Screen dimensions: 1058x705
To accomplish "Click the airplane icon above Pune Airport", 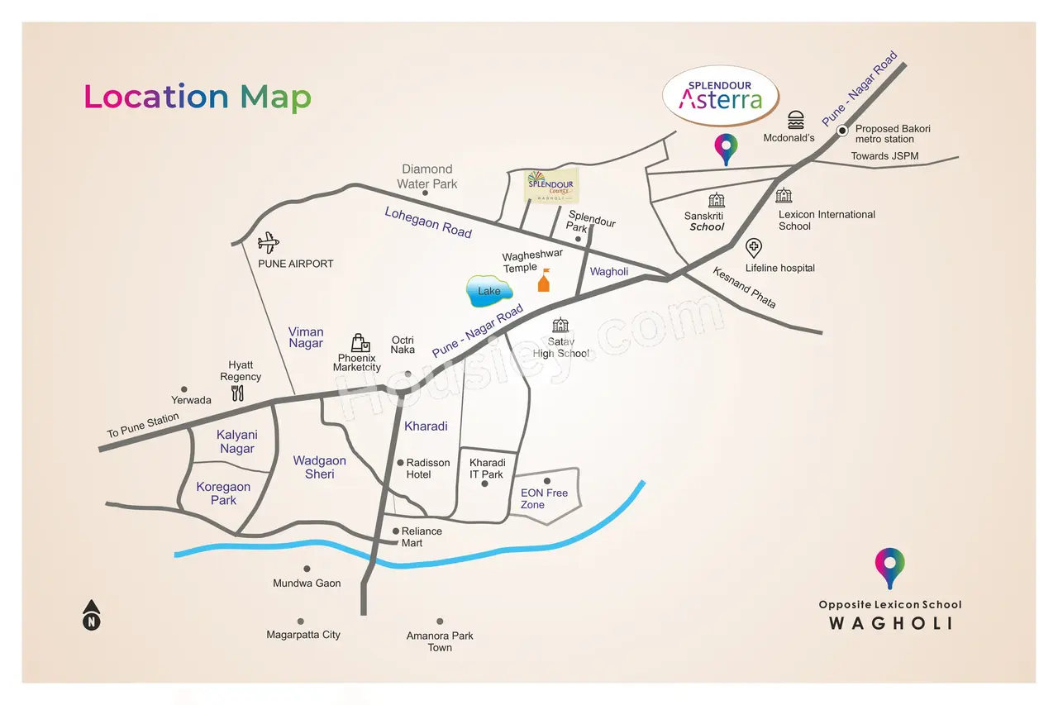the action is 269,243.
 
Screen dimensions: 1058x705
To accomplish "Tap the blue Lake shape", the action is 489,291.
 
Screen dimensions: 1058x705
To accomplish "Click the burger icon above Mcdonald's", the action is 796,120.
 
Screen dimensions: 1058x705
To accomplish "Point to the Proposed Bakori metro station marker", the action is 842,131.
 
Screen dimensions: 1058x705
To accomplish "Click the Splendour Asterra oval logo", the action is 721,96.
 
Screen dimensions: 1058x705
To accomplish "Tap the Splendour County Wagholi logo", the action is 551,186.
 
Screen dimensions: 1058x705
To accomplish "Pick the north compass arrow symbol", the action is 92,615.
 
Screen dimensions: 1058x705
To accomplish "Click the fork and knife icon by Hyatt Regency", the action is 237,393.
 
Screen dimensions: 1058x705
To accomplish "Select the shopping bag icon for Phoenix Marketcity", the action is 360,343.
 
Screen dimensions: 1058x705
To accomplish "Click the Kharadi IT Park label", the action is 487,469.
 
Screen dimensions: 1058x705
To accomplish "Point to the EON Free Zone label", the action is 544,498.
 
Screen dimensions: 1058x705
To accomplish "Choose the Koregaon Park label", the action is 223,493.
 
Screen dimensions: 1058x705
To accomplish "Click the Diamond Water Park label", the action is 427,177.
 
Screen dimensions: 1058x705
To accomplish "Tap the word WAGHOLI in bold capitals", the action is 891,623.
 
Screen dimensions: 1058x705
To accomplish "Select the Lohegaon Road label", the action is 428,222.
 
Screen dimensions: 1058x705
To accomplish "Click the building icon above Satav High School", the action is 560,325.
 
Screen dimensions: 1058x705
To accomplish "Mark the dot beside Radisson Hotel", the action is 401,463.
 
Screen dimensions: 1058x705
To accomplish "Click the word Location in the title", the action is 156,97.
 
